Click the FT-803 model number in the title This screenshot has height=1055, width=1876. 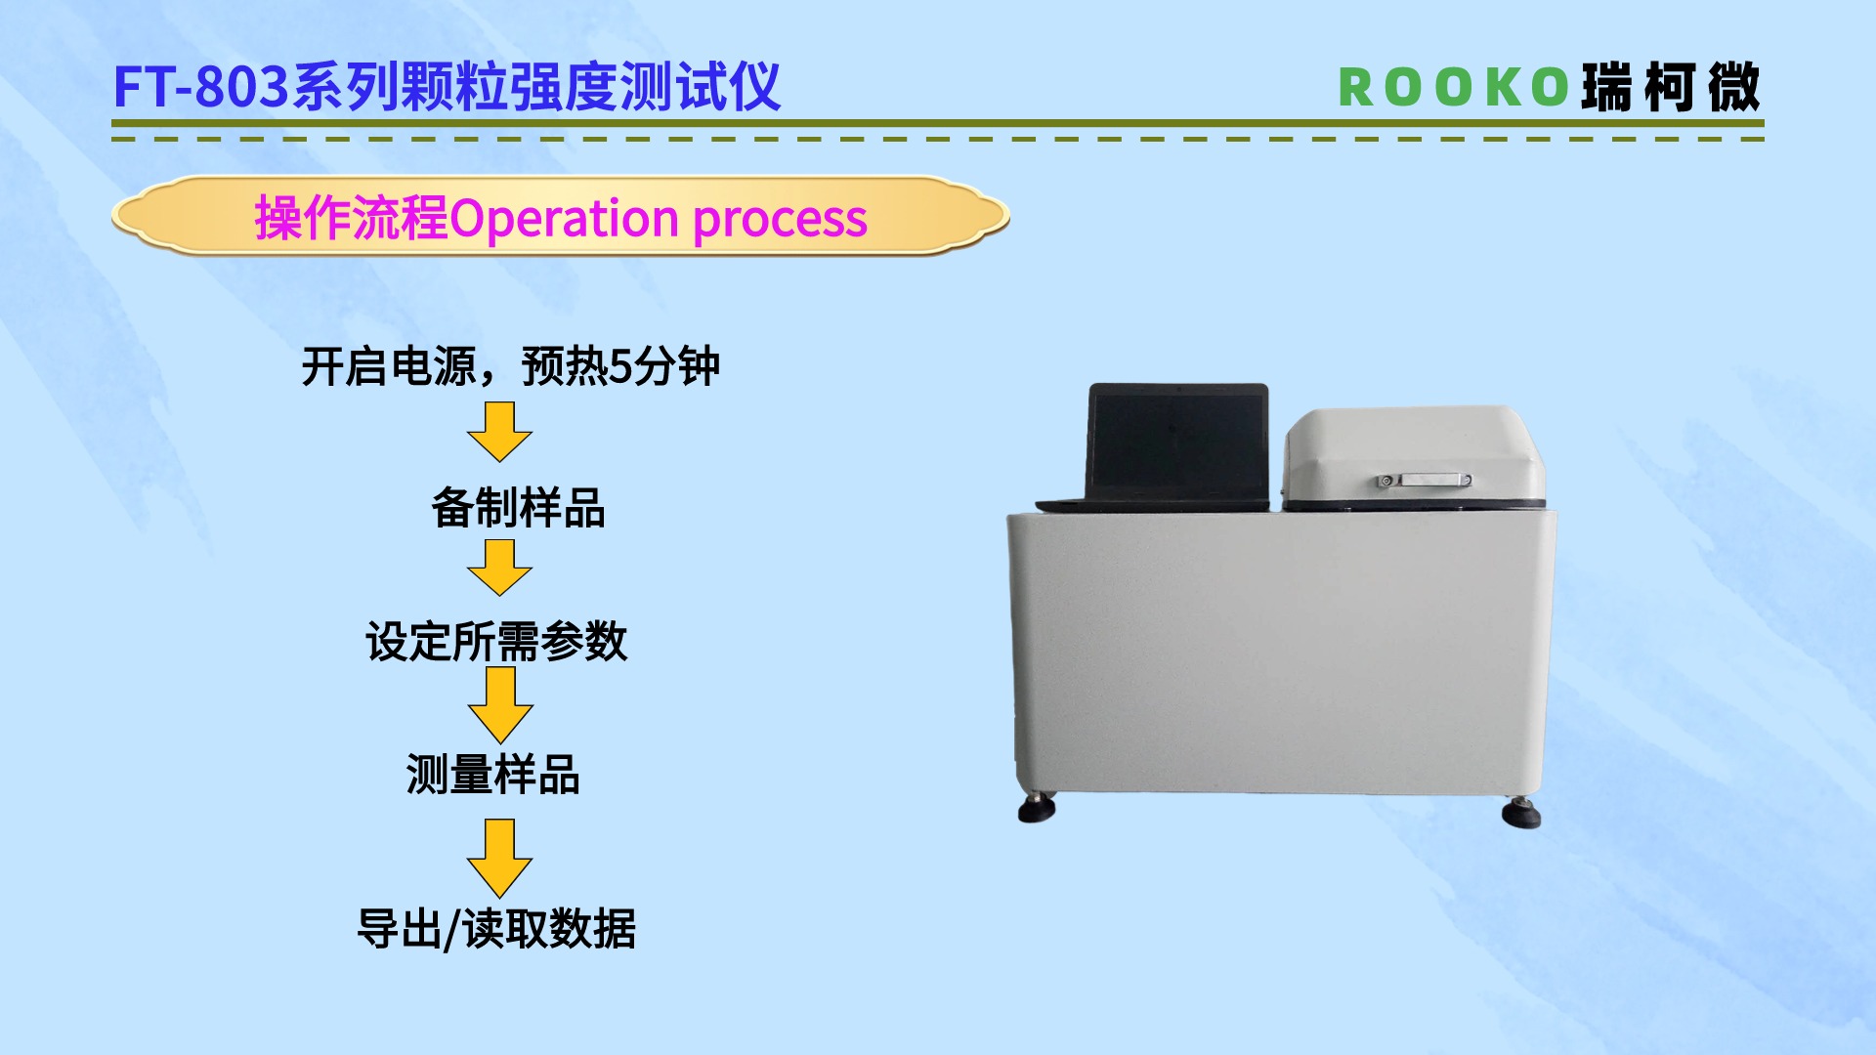click(x=201, y=87)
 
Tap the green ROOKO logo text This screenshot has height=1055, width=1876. click(x=1453, y=88)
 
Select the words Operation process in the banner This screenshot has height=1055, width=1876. click(x=659, y=218)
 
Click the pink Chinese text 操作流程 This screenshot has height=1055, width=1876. click(x=351, y=218)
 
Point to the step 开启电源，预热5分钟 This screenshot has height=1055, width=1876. click(x=510, y=367)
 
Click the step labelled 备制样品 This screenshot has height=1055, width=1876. click(x=518, y=508)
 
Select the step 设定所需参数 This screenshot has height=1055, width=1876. click(x=496, y=642)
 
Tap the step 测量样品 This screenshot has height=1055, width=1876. click(x=493, y=775)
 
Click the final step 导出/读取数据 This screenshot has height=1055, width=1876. click(x=496, y=928)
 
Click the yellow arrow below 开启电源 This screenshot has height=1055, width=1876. click(x=499, y=432)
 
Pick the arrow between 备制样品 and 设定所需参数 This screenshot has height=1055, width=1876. click(x=499, y=568)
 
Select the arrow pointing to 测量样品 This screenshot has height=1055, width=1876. click(x=499, y=704)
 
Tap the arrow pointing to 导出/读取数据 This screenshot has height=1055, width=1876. click(x=499, y=858)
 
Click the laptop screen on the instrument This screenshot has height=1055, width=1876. click(x=1178, y=441)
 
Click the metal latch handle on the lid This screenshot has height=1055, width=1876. click(x=1423, y=480)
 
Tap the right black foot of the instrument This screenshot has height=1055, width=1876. click(x=1520, y=812)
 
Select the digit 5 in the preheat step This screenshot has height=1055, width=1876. click(x=619, y=367)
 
